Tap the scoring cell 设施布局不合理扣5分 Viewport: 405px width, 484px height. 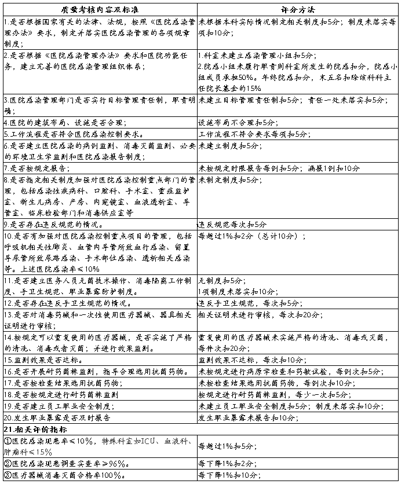coord(238,123)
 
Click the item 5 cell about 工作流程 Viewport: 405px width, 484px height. coord(79,134)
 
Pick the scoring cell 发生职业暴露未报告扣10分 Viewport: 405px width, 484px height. coord(248,417)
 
